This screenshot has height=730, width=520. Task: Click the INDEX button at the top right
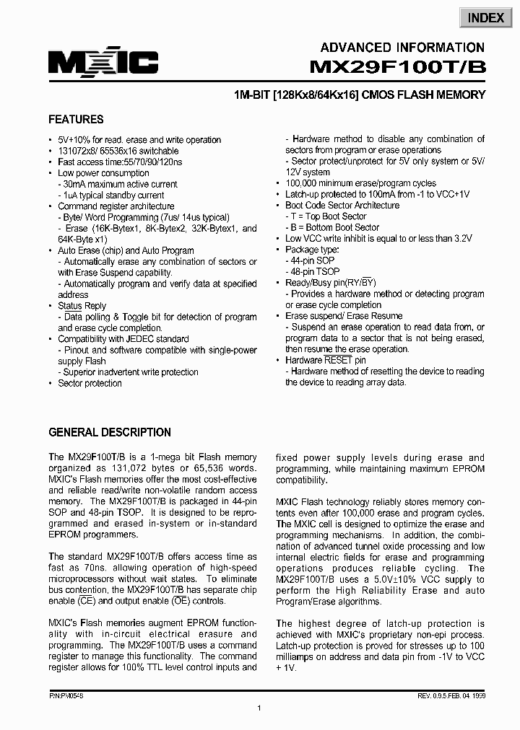point(486,18)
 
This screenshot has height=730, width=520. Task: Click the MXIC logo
point(103,63)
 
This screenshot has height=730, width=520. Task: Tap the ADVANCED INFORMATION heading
point(402,48)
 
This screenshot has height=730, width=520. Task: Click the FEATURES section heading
point(76,120)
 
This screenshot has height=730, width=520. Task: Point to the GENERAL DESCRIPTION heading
point(110,433)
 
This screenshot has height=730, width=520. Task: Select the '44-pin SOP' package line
point(312,260)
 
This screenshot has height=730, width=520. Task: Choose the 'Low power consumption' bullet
point(103,173)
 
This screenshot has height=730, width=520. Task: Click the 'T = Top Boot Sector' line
point(328,216)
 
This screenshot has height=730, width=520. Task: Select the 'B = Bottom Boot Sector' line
point(334,227)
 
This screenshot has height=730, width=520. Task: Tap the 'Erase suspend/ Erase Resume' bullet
point(344,316)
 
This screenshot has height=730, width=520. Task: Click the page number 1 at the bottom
point(259,709)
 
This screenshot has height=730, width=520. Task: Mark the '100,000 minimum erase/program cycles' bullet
point(360,183)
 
